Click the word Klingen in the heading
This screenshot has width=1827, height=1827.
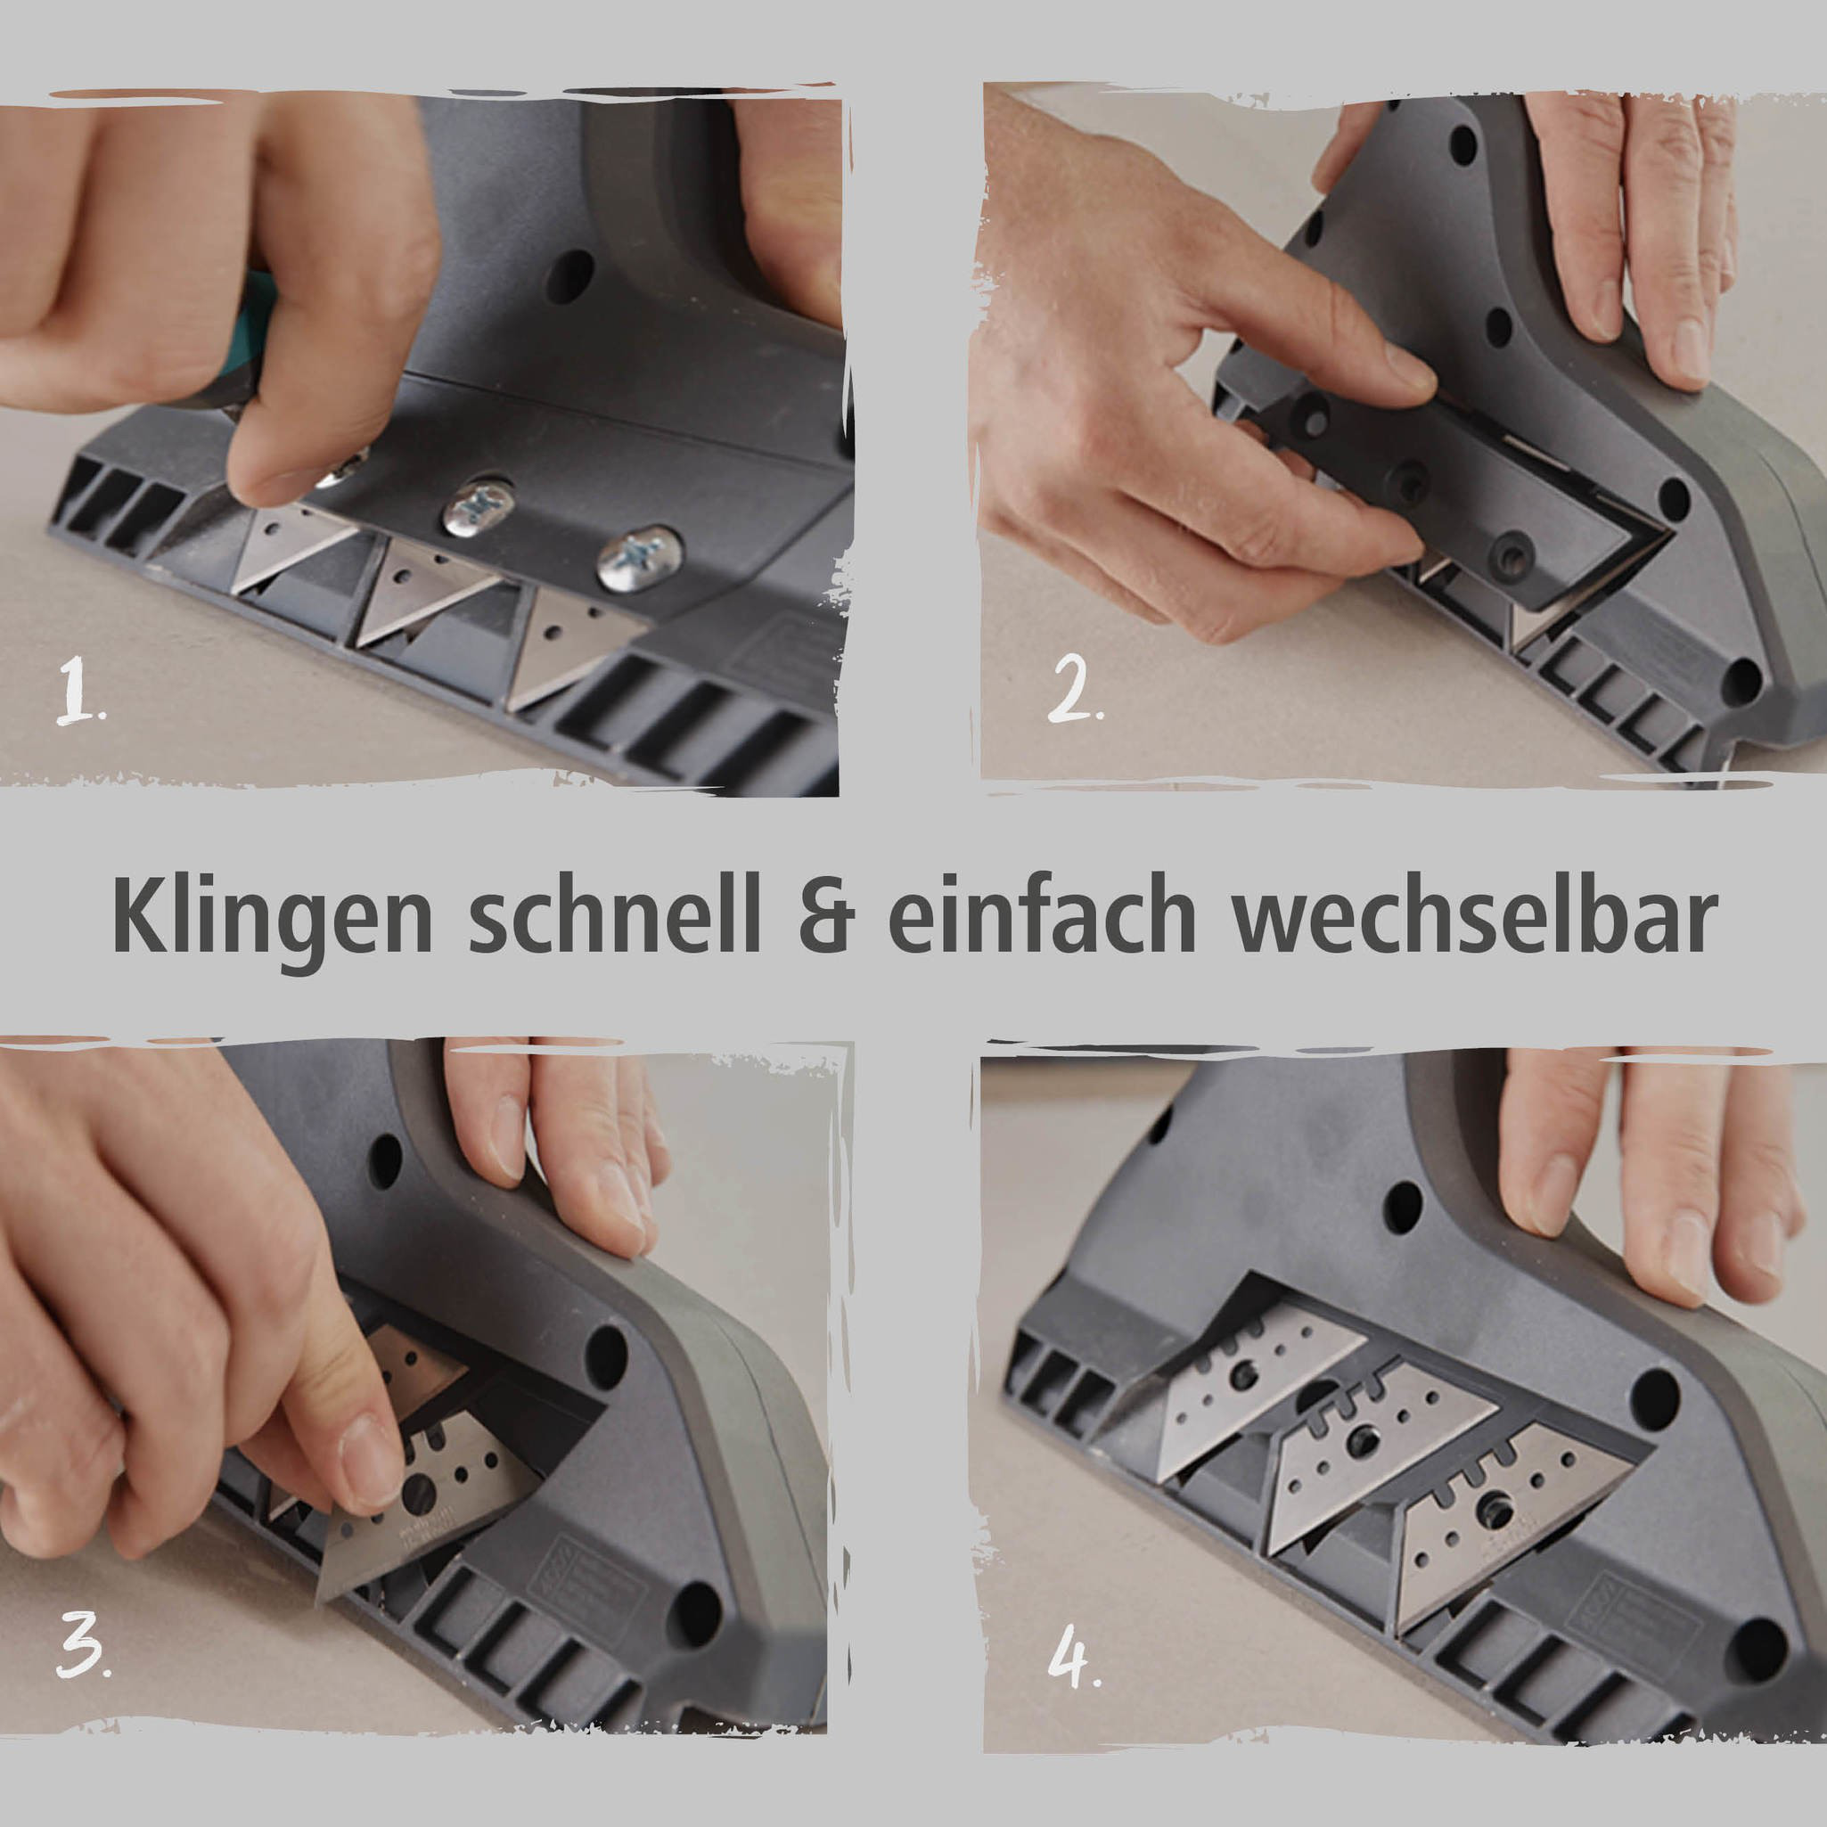pyautogui.click(x=273, y=916)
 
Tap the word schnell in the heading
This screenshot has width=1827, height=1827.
pyautogui.click(x=614, y=914)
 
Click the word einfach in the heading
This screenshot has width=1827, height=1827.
pyautogui.click(x=1042, y=914)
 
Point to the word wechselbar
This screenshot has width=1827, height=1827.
pyautogui.click(x=1474, y=914)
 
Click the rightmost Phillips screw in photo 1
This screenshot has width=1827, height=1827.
pyautogui.click(x=640, y=559)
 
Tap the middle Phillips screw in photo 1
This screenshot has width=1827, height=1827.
pyautogui.click(x=479, y=508)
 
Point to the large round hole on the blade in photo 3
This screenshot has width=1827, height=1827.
pyautogui.click(x=419, y=1491)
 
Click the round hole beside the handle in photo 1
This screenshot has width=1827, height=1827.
pyautogui.click(x=570, y=276)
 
